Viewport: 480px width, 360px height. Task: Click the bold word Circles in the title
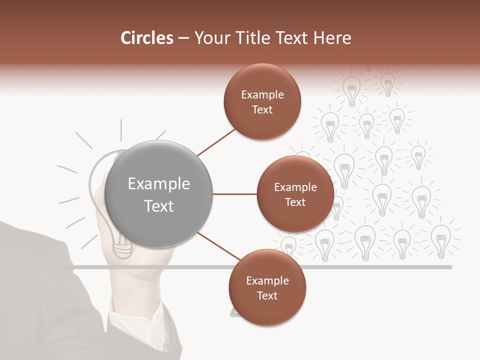point(147,38)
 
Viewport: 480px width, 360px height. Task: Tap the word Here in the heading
point(332,38)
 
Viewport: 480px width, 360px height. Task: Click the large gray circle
point(159,194)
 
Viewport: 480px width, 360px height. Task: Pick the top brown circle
point(262,101)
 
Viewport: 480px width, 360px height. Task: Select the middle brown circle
point(295,194)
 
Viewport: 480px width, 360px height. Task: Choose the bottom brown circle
point(267,287)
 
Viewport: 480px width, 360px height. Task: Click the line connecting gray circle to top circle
point(216,142)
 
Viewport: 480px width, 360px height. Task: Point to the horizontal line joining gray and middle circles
point(235,194)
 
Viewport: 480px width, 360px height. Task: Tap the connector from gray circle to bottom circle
point(218,246)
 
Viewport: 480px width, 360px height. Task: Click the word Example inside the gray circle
point(159,184)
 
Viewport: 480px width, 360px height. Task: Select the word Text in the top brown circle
point(262,110)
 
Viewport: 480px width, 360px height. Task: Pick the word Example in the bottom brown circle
point(267,281)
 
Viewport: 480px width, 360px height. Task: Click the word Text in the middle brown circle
point(295,202)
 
